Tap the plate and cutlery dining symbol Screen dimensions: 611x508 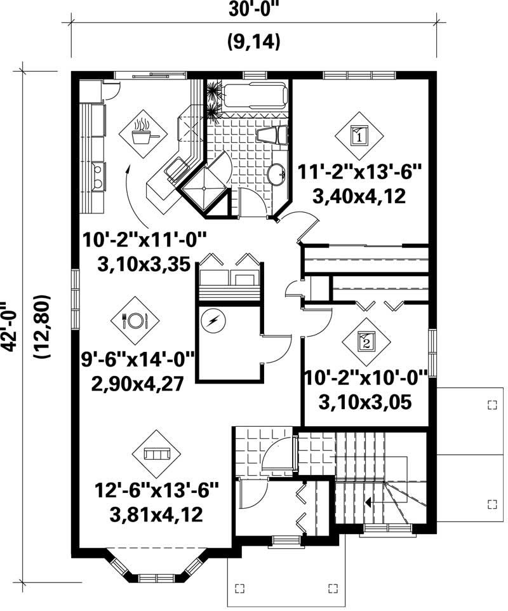pyautogui.click(x=135, y=320)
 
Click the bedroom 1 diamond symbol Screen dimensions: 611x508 pyautogui.click(x=359, y=135)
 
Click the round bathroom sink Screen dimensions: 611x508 pyautogui.click(x=276, y=173)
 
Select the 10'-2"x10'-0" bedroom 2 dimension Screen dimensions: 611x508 pyautogui.click(x=367, y=379)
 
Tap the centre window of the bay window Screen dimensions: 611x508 pyautogui.click(x=155, y=578)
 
